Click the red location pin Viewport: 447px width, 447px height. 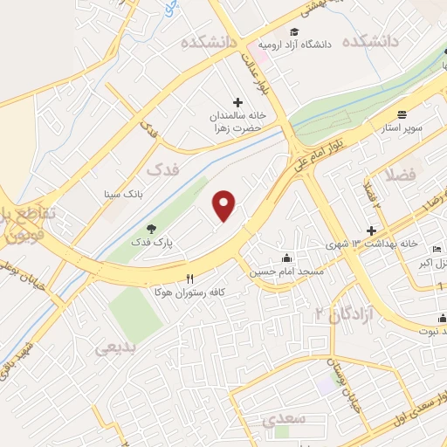[224, 205]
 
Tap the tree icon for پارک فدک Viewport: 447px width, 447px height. [151, 229]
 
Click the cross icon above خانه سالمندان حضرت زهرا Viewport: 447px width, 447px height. [237, 102]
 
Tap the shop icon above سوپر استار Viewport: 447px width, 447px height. [402, 114]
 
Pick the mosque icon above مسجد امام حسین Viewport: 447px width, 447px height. [288, 258]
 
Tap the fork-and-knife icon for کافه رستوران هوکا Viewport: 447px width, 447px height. [189, 278]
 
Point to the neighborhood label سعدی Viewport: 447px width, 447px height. [284, 419]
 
